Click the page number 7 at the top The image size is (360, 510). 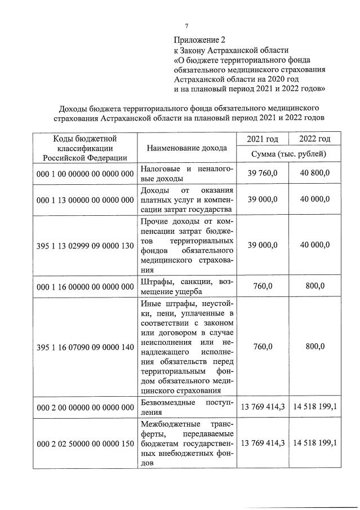click(x=186, y=25)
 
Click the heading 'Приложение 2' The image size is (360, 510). click(x=199, y=40)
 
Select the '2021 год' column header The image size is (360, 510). click(x=263, y=139)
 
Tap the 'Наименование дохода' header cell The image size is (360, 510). click(x=186, y=148)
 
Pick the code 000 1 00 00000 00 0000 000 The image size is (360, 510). click(x=84, y=173)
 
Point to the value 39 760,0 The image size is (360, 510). click(x=263, y=173)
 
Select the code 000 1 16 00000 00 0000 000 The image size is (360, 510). click(x=84, y=287)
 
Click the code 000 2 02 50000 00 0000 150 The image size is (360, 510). click(x=84, y=443)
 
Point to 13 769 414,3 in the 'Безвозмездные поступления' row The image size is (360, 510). click(x=263, y=407)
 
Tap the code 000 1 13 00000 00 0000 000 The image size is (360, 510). click(x=84, y=199)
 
